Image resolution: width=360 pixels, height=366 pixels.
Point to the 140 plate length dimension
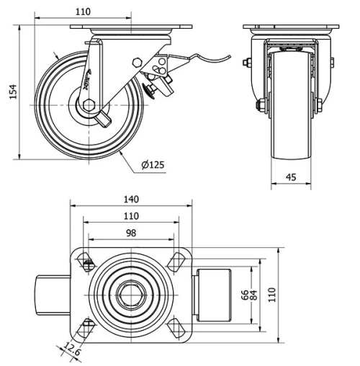click(x=131, y=200)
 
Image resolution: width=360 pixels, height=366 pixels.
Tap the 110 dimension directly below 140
click(x=131, y=215)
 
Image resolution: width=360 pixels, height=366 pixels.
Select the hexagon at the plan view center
click(x=132, y=294)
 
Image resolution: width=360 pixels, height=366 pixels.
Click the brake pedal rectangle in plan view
click(x=215, y=294)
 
